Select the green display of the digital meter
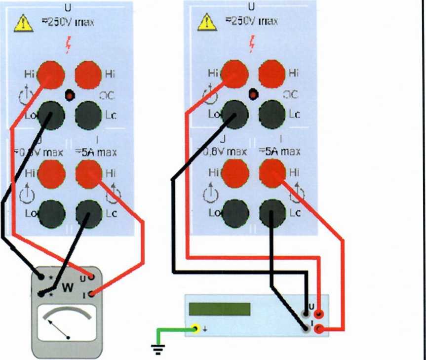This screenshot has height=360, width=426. (220, 309)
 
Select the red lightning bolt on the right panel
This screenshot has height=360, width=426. (253, 44)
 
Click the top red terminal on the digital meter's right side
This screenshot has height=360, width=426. (320, 313)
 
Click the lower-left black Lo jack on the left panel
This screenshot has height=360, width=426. (51, 213)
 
